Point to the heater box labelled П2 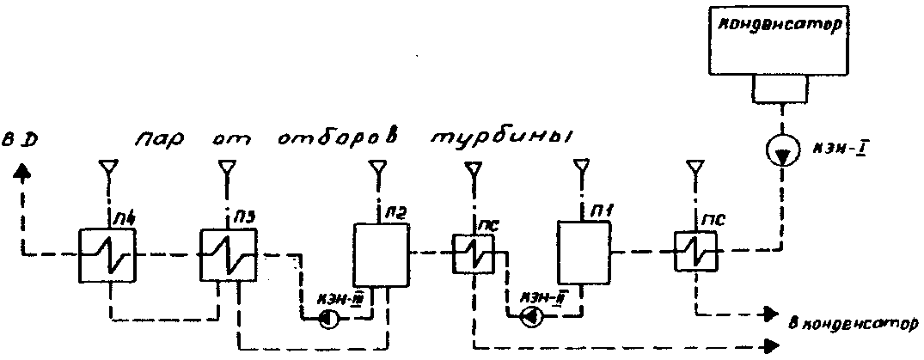coord(379,254)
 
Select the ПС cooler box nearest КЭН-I coord(694,253)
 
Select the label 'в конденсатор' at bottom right coord(854,324)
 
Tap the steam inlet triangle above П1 coord(581,165)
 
